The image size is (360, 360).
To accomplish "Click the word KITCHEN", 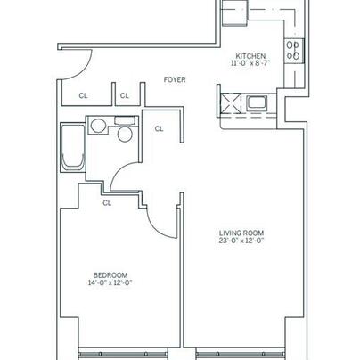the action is click(250, 56).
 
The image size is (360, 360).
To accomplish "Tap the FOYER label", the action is click(175, 79).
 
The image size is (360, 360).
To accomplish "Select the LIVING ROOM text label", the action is click(241, 233).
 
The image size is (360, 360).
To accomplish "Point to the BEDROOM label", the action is click(110, 275).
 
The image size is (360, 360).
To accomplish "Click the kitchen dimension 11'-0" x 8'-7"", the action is click(250, 63).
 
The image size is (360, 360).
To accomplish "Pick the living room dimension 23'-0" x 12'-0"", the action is click(241, 241).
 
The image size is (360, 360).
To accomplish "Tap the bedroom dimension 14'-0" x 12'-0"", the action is click(110, 282).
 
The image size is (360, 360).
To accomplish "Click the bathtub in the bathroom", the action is click(73, 148).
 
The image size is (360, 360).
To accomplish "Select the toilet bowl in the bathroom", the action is click(125, 135).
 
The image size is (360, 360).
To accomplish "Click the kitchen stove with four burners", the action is click(294, 51).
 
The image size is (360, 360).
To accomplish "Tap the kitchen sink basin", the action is click(257, 102).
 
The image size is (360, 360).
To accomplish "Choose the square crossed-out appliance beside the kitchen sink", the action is click(231, 103).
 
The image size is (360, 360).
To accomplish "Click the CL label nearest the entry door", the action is click(83, 95).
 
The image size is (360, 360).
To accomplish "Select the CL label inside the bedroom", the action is click(107, 203).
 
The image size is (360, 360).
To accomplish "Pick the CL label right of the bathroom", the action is click(159, 128).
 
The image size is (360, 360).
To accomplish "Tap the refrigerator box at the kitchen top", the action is click(235, 12).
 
